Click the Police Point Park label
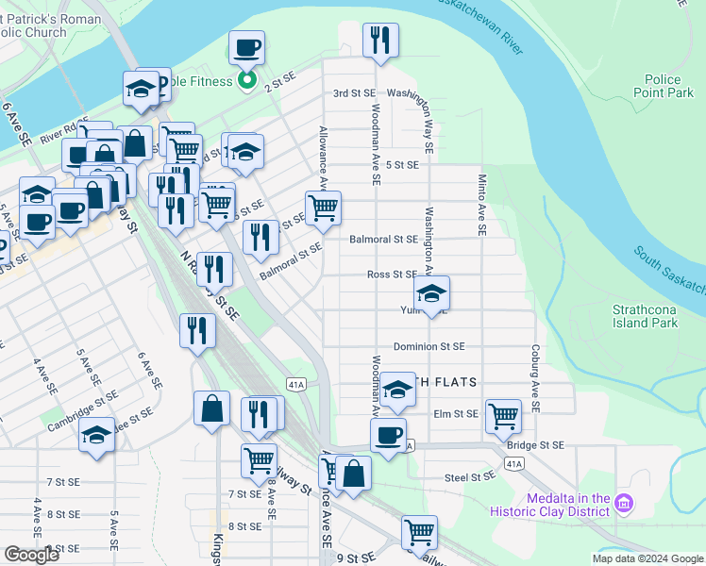pyautogui.click(x=669, y=87)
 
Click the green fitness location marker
pyautogui.click(x=246, y=81)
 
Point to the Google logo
pyautogui.click(x=32, y=555)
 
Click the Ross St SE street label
pyautogui.click(x=392, y=275)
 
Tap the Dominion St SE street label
pyautogui.click(x=429, y=346)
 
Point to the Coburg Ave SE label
pyautogui.click(x=535, y=377)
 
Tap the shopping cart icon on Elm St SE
pyautogui.click(x=503, y=415)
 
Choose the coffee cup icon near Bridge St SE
pyautogui.click(x=387, y=436)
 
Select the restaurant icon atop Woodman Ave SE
pyautogui.click(x=380, y=40)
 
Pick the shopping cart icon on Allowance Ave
pyautogui.click(x=323, y=208)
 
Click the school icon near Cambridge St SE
pyautogui.click(x=96, y=435)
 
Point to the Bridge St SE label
pyautogui.click(x=535, y=444)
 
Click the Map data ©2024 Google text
pyautogui.click(x=647, y=558)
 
